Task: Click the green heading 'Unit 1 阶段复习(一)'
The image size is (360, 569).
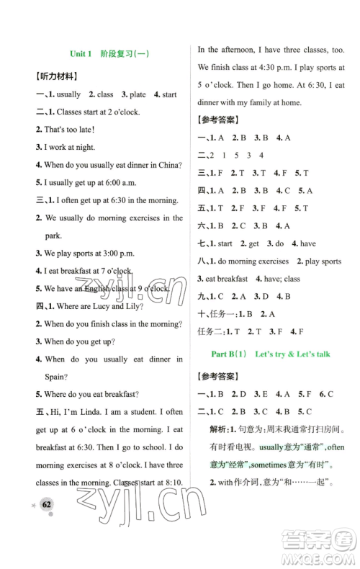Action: pyautogui.click(x=114, y=54)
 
